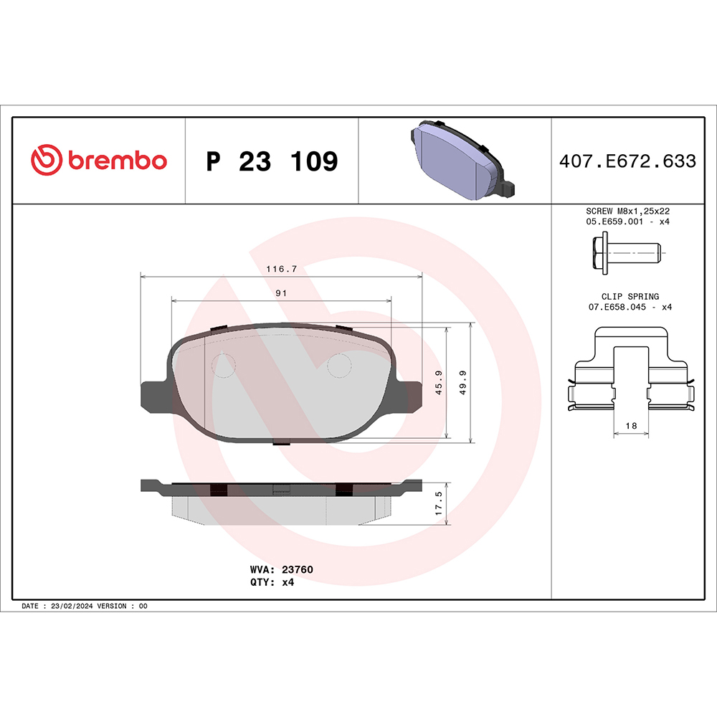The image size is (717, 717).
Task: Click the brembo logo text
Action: (117, 161)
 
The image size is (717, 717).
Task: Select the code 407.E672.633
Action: (627, 161)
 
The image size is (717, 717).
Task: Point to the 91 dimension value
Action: (281, 293)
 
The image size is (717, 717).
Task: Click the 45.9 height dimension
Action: (438, 382)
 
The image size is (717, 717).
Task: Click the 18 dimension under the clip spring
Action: (631, 426)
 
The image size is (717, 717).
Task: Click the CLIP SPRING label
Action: (630, 296)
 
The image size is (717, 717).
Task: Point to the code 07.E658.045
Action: (617, 307)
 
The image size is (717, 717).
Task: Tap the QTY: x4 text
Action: (272, 582)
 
